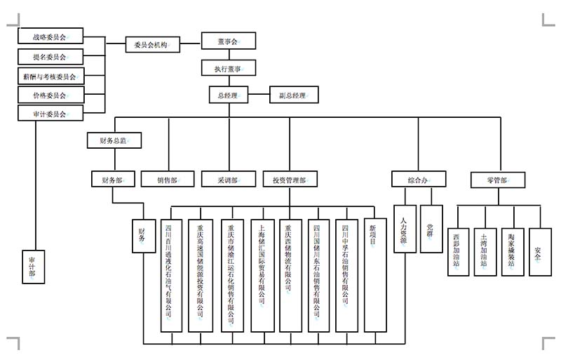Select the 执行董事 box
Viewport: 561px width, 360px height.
tap(225, 68)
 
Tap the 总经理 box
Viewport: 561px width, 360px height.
tap(228, 94)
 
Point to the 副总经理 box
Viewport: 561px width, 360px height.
tap(293, 94)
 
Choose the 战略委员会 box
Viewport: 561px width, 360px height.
tap(50, 36)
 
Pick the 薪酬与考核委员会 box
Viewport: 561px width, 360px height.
tap(50, 75)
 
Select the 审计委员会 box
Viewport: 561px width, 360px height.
tap(50, 113)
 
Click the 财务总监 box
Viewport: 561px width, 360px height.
tap(114, 140)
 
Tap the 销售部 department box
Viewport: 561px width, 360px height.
tap(168, 179)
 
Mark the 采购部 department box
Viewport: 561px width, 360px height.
tap(229, 179)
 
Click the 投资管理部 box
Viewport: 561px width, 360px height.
tap(290, 179)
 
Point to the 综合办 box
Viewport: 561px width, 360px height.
tap(418, 179)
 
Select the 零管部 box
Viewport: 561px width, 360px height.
tap(497, 179)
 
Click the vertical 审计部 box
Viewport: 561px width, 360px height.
tap(32, 267)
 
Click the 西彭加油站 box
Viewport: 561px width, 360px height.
tap(458, 251)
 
